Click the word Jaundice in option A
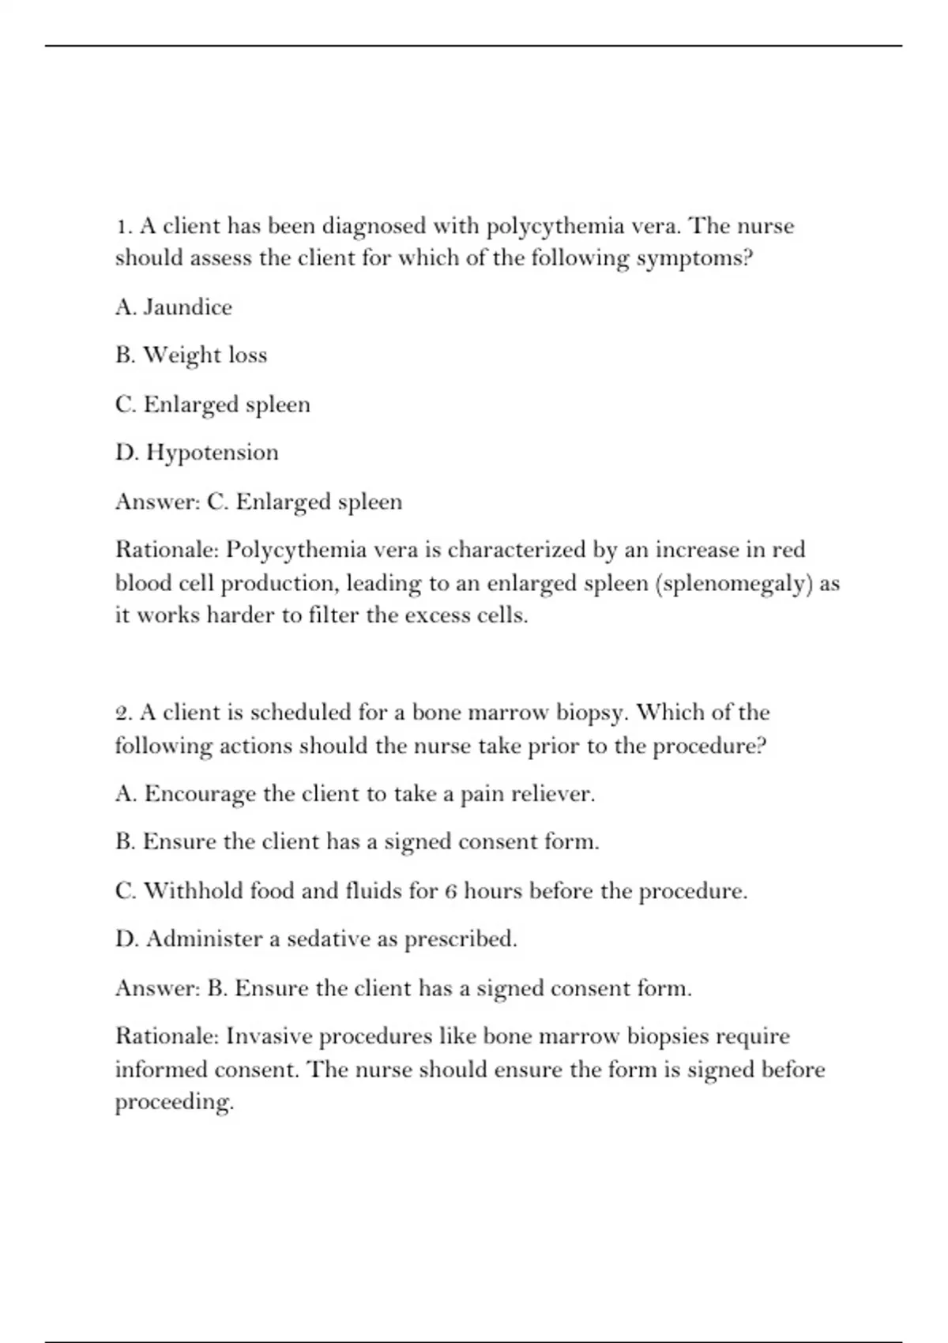click(x=187, y=307)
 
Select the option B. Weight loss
click(x=191, y=355)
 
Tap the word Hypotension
click(x=213, y=453)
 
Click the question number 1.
click(x=122, y=227)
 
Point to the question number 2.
click(x=122, y=713)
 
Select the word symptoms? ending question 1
click(x=694, y=259)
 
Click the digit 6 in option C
click(x=450, y=892)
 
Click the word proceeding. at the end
click(x=175, y=1102)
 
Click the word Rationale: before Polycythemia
click(x=167, y=550)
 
